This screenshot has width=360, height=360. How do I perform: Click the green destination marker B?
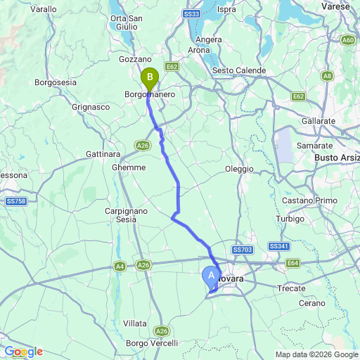(x=149, y=77)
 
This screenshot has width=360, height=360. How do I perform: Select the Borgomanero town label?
(x=150, y=94)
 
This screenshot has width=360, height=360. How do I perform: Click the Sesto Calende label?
(x=239, y=71)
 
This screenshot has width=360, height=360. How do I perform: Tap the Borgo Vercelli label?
(x=146, y=342)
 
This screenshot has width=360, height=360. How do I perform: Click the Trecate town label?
(x=292, y=288)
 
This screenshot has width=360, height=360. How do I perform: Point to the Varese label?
(x=340, y=6)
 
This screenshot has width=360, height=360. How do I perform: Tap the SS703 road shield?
(x=241, y=250)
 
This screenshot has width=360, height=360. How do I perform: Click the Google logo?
(x=23, y=352)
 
